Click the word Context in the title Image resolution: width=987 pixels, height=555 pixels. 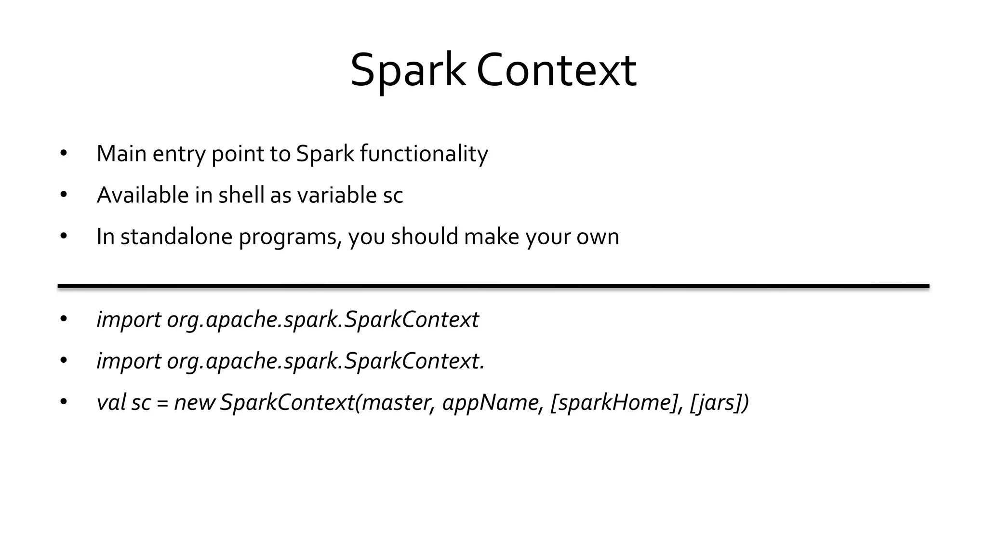557,71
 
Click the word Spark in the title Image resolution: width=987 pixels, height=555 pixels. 408,71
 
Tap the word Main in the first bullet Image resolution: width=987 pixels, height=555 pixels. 121,154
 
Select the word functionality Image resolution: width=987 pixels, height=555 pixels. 424,154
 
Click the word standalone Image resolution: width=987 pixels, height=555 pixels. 176,237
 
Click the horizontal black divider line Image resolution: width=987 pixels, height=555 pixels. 493,286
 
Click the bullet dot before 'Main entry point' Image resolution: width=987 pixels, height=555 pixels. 64,154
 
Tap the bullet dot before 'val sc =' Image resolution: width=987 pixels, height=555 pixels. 64,402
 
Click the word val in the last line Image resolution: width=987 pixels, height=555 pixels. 111,402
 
